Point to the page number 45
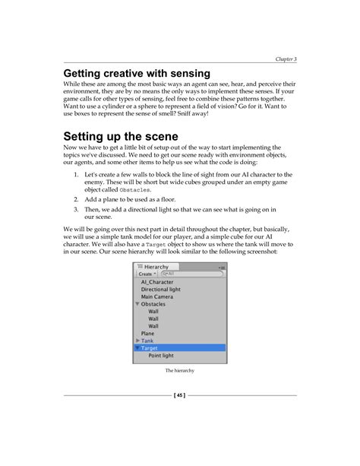click(x=179, y=395)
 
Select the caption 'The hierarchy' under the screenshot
click(x=179, y=371)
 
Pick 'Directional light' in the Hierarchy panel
click(x=160, y=290)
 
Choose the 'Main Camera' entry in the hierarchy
click(x=157, y=297)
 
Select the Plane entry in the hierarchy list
click(x=147, y=333)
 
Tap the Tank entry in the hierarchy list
click(x=147, y=341)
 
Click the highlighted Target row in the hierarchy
click(x=179, y=347)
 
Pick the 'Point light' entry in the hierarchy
click(x=160, y=355)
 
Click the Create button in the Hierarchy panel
click(x=146, y=274)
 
